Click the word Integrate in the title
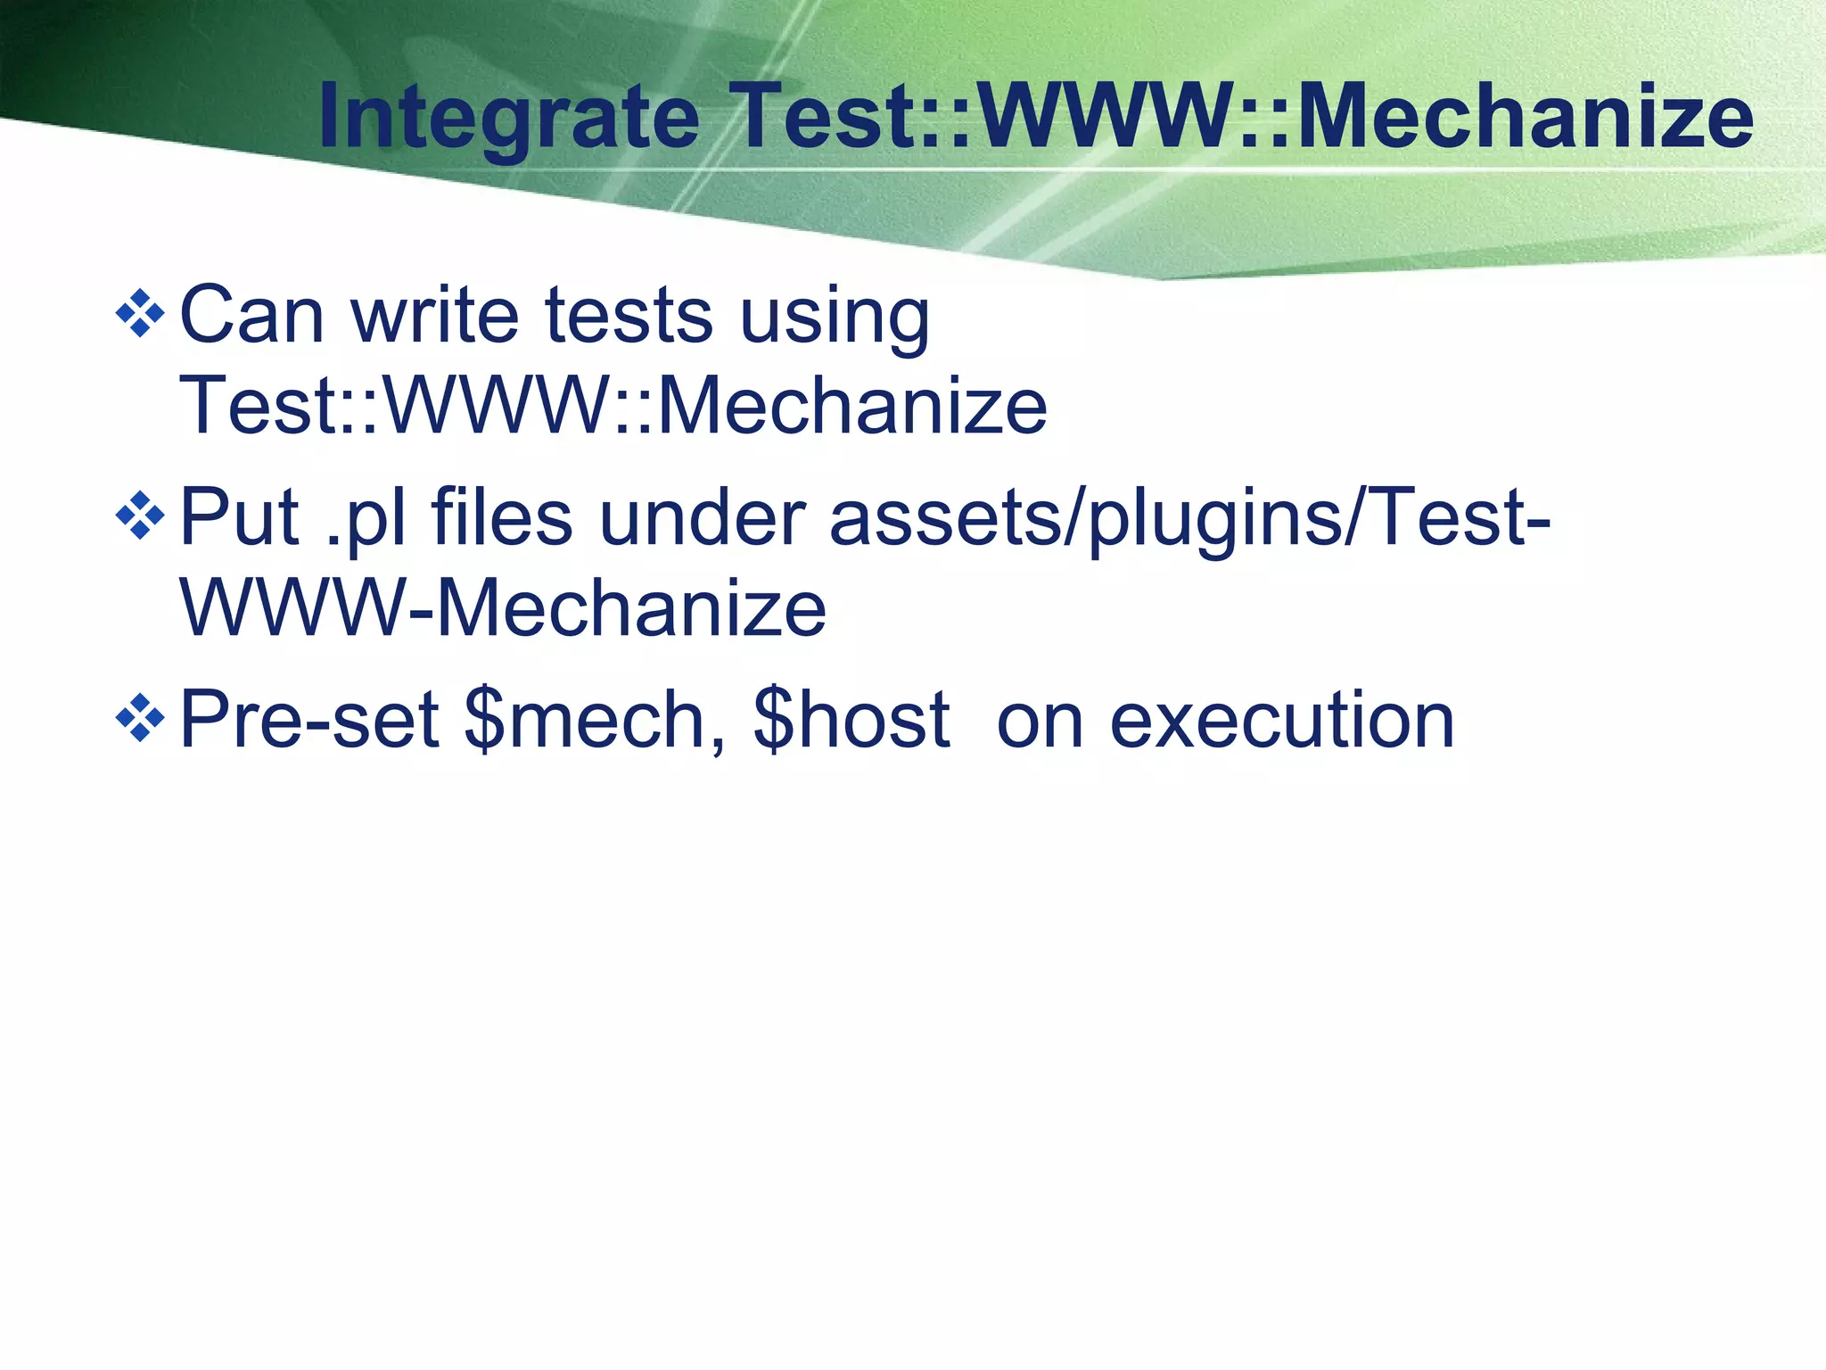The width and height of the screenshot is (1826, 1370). (508, 118)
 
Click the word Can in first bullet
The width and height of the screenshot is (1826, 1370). (251, 315)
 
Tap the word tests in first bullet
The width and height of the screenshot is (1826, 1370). (629, 315)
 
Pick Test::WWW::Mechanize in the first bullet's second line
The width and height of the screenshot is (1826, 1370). (613, 407)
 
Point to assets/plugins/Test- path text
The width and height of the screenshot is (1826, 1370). (1189, 519)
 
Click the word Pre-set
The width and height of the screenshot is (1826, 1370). (308, 720)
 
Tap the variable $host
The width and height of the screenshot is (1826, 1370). (851, 720)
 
